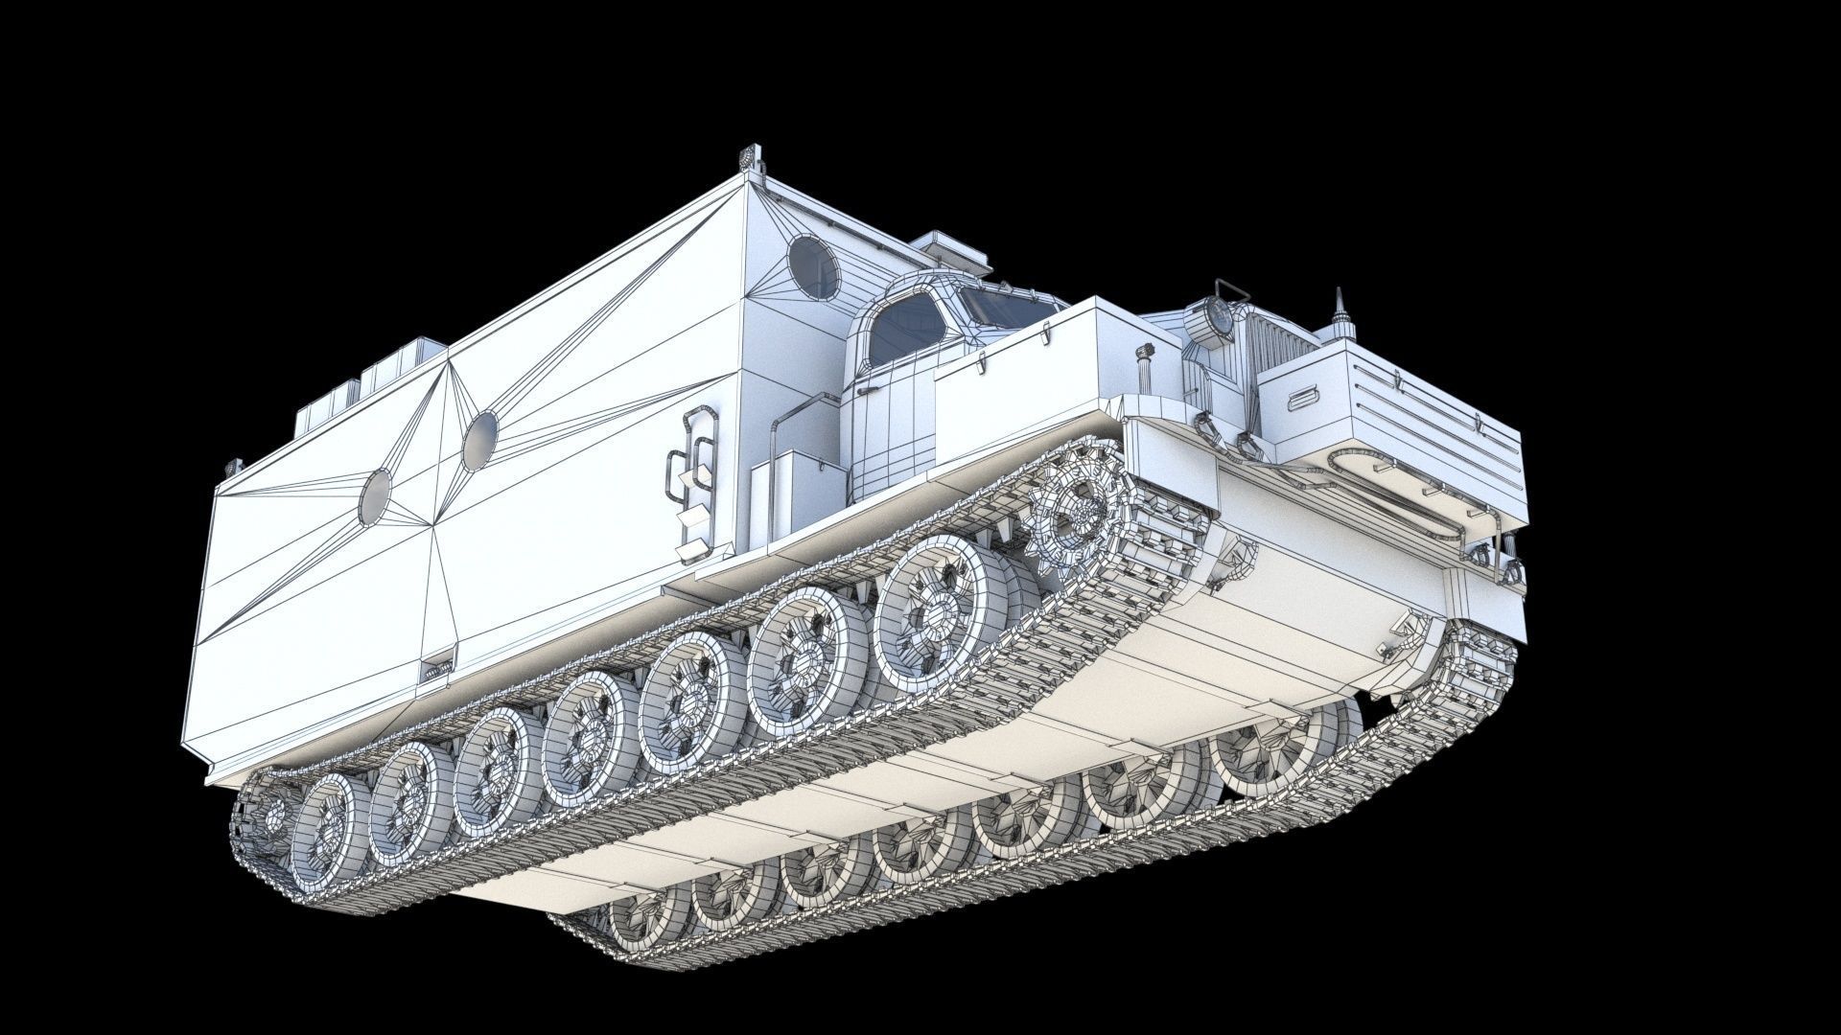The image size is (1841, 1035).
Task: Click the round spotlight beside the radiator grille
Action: [1206, 318]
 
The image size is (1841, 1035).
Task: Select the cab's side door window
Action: [903, 328]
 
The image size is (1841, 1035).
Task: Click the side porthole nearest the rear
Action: [376, 495]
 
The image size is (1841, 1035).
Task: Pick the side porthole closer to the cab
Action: [480, 440]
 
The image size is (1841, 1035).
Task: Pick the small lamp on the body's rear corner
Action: [229, 468]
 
